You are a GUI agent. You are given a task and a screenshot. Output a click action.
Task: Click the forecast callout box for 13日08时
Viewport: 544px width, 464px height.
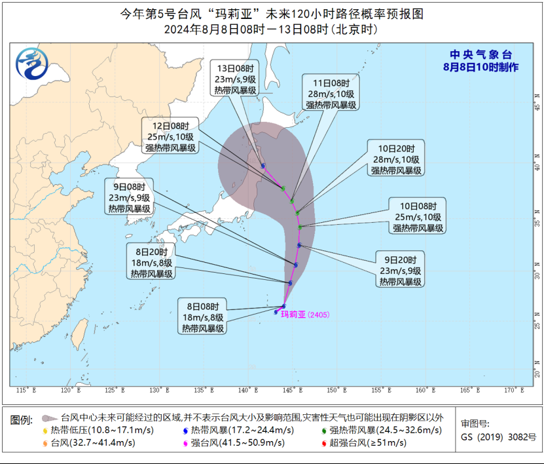tap(235, 79)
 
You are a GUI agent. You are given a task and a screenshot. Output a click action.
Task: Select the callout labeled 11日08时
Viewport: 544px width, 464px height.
tap(331, 94)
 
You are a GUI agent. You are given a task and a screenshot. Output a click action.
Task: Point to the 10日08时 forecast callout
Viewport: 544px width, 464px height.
tap(418, 216)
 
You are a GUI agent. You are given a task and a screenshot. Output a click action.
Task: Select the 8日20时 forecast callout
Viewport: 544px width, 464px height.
tap(150, 262)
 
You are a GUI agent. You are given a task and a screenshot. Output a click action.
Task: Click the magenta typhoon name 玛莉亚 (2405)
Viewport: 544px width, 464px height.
tap(305, 315)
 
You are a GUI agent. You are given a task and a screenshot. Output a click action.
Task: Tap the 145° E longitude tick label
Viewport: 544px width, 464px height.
tap(292, 391)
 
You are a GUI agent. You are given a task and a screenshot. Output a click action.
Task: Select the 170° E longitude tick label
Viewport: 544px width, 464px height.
tap(514, 391)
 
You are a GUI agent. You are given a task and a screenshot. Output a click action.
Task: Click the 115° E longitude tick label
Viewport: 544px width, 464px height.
tap(26, 391)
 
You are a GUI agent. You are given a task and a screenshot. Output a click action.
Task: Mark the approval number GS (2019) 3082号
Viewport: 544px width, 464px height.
tap(498, 437)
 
